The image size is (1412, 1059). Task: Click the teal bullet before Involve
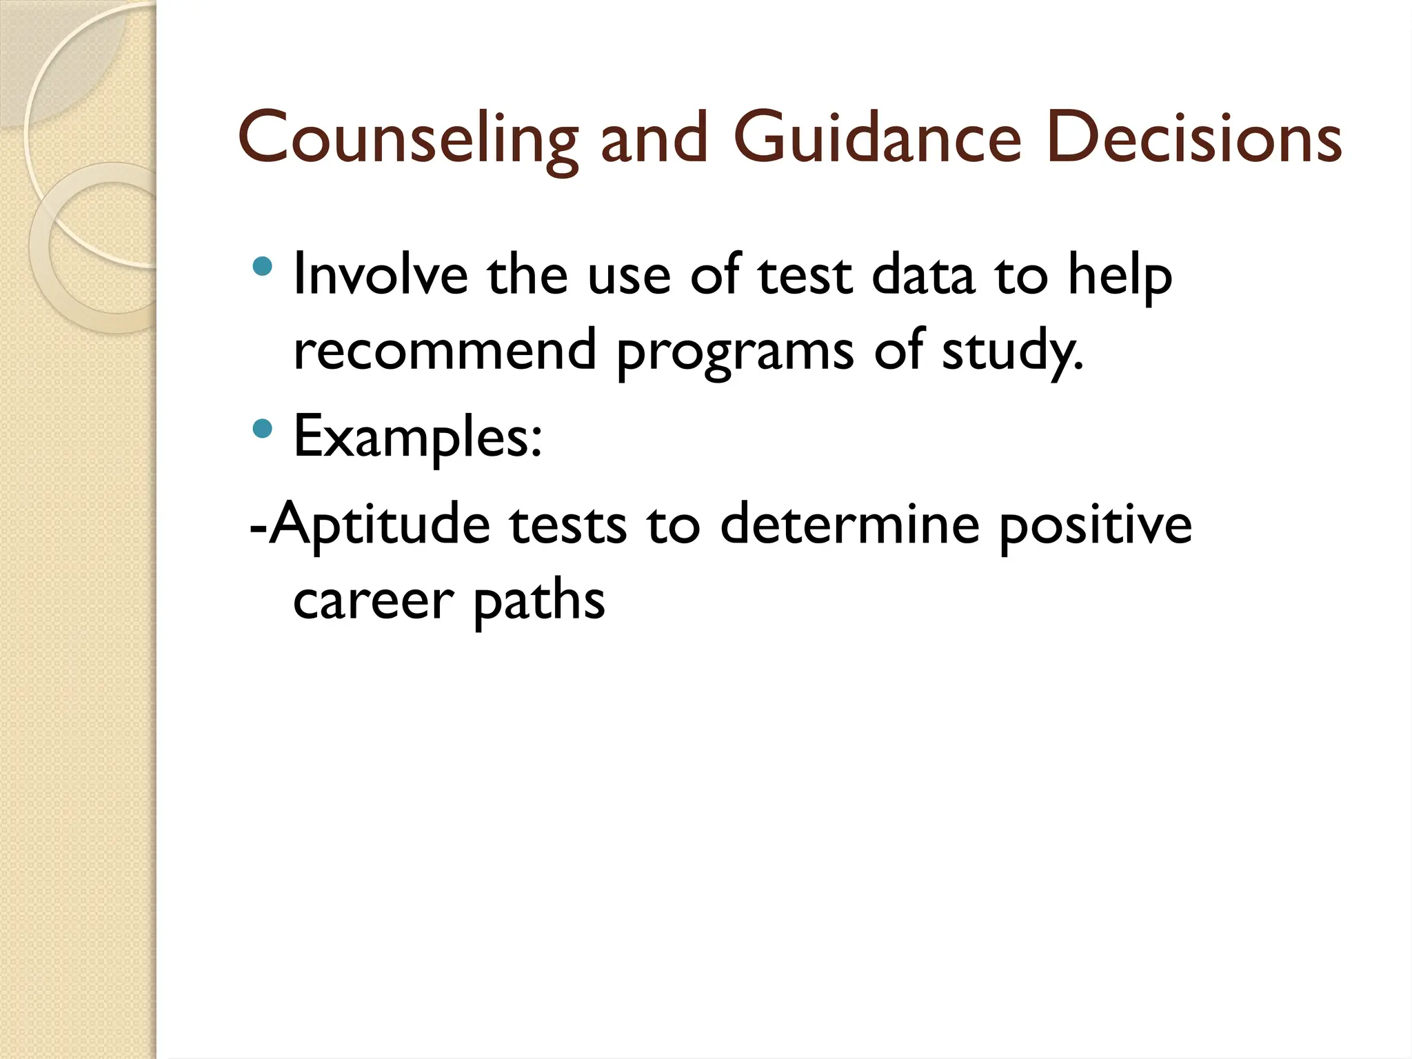[263, 266]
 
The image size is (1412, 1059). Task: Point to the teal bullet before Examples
[263, 430]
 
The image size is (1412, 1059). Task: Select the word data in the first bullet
[923, 274]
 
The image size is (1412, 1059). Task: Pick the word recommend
[445, 350]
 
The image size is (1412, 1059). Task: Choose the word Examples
[418, 437]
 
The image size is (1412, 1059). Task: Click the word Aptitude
[379, 525]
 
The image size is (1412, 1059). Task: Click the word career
[373, 599]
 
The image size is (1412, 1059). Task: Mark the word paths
[538, 601]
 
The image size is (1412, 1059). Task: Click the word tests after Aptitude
[568, 525]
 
